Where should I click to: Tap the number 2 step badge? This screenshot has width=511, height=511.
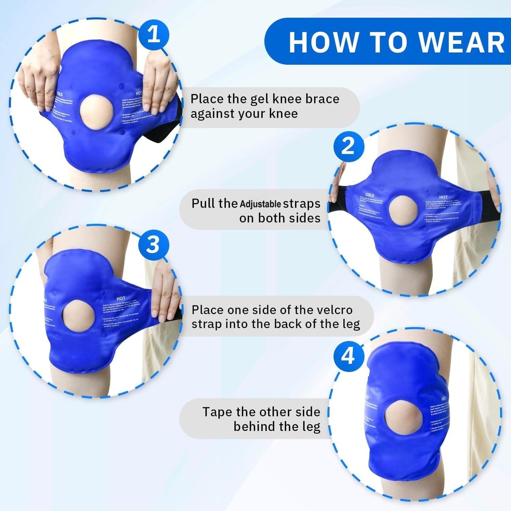click(x=348, y=147)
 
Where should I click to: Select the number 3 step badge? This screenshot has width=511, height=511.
click(x=153, y=245)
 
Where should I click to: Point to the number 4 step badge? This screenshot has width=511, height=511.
click(x=348, y=356)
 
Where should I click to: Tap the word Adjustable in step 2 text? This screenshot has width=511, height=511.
click(x=261, y=204)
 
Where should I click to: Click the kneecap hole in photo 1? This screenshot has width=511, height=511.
click(x=97, y=109)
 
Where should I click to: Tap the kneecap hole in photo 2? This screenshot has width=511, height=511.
click(x=404, y=212)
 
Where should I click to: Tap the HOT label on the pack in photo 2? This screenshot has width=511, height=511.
click(x=443, y=196)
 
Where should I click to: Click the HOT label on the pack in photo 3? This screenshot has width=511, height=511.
click(x=121, y=298)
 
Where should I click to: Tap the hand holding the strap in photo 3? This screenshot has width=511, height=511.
click(x=165, y=291)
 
